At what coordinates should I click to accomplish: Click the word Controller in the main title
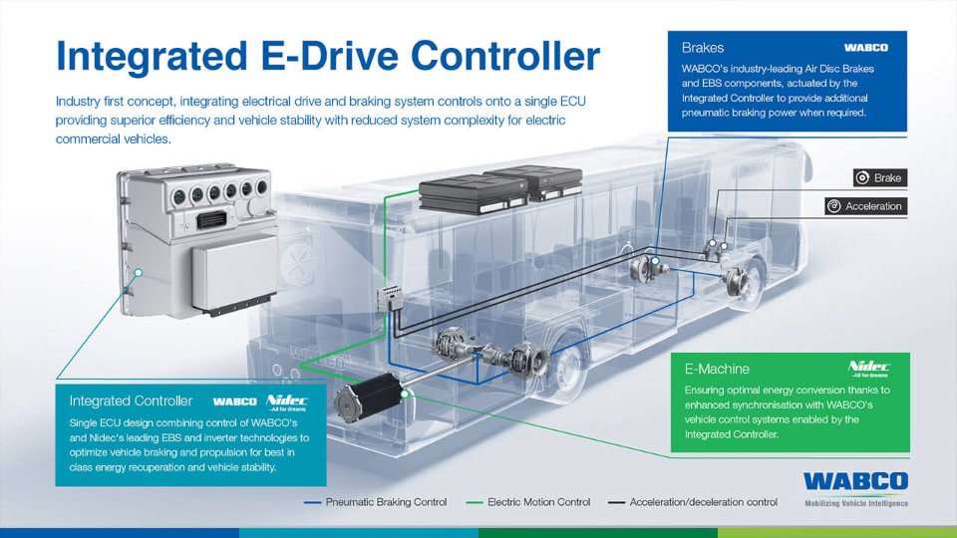pos(505,56)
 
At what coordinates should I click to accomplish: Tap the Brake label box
pos(880,177)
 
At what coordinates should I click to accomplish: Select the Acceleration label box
pos(866,206)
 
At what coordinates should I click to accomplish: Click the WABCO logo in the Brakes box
pos(866,48)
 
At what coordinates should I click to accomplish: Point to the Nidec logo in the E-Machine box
pos(869,369)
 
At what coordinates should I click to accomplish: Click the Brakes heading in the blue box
pos(703,48)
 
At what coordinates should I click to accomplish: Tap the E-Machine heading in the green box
pos(717,369)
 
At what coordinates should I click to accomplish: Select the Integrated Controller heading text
pos(131,401)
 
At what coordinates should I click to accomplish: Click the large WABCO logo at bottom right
pos(855,481)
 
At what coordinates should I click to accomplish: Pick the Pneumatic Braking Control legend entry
pos(376,502)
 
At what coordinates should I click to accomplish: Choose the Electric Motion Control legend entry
pos(528,502)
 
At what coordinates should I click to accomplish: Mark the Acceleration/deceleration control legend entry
pos(693,502)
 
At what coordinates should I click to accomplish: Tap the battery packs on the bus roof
pos(500,189)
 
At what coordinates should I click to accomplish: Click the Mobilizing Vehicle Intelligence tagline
pos(856,504)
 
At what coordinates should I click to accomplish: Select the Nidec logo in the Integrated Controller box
pos(287,402)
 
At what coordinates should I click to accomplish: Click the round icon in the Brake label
pos(862,177)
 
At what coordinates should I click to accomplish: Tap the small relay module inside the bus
pos(390,298)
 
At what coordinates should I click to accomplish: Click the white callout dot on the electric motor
pos(404,395)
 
